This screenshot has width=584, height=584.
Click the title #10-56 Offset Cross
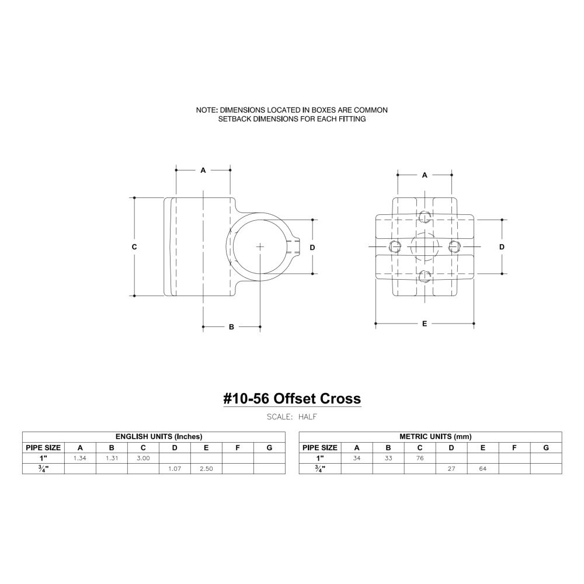[292, 399]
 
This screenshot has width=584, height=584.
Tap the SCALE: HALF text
[292, 417]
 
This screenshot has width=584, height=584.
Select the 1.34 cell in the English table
[80, 458]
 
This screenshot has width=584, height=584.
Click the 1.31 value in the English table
[112, 458]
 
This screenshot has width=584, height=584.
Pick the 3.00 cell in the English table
[143, 458]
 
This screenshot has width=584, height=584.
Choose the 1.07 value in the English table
[175, 469]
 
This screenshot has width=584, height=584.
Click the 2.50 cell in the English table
[206, 469]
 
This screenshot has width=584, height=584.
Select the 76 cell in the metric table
[420, 458]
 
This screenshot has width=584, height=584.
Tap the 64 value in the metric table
[483, 469]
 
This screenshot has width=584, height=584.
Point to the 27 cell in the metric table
[451, 469]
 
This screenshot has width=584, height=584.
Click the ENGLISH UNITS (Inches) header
[159, 436]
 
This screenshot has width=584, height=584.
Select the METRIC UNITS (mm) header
[435, 436]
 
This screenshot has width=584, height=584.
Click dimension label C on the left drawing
[134, 247]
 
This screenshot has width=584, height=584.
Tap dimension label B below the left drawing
[231, 327]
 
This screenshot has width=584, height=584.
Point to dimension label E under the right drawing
[425, 324]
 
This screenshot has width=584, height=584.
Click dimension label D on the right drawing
[502, 247]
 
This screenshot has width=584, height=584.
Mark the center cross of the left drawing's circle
[260, 247]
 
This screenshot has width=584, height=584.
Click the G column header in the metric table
[546, 448]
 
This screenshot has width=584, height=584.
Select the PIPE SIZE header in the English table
[43, 448]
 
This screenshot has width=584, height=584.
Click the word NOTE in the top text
[206, 110]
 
